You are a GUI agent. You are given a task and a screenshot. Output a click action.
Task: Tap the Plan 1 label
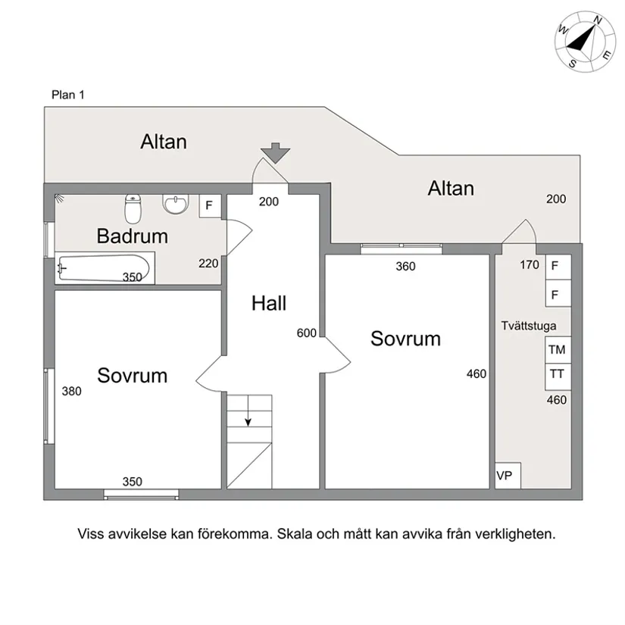click(68, 95)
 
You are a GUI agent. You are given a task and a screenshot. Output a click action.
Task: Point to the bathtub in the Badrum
click(106, 269)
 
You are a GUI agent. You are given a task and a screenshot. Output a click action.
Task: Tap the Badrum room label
click(132, 236)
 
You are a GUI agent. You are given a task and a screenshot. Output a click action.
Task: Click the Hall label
click(269, 304)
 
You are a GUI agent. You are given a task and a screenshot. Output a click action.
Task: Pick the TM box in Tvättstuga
click(557, 350)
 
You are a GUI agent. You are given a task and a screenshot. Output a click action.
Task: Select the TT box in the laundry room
click(557, 373)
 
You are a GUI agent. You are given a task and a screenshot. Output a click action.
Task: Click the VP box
click(505, 476)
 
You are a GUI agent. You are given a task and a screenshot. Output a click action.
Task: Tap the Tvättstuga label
click(529, 327)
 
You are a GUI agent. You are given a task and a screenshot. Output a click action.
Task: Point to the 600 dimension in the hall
click(307, 333)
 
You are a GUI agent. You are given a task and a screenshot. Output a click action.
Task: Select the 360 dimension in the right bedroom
click(406, 266)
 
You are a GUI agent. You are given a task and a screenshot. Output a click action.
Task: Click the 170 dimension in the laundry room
click(530, 265)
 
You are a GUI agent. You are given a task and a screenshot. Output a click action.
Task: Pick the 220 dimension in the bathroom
click(208, 264)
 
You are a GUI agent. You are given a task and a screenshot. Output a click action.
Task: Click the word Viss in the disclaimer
click(91, 533)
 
